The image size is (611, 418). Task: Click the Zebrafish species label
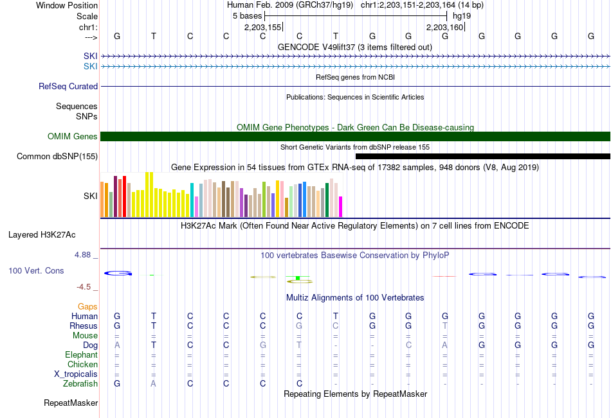80,384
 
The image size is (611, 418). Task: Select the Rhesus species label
84,326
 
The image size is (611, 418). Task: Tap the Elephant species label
81,354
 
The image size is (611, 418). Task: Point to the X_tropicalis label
76,374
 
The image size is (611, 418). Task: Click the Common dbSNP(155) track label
57,157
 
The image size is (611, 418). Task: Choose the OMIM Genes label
72,136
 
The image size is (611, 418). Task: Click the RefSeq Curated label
68,87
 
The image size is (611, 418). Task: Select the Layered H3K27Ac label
42,235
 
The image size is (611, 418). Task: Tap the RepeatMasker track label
71,403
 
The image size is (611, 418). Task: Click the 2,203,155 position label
262,27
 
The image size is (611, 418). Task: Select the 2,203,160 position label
444,27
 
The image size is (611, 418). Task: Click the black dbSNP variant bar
483,157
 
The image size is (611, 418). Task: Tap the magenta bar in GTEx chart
341,207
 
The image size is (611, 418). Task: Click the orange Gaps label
87,307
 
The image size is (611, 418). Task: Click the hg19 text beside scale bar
462,16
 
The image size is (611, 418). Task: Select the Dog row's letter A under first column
117,345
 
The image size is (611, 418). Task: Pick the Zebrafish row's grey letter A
154,384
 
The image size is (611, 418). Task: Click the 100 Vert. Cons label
36,270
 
